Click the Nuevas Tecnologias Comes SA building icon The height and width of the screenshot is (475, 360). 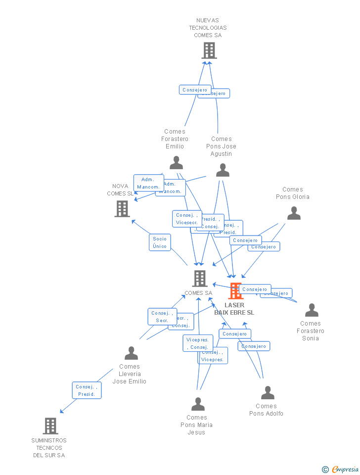coord(209,50)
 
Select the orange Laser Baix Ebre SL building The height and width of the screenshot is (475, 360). coord(235,291)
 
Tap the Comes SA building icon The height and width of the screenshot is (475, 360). coord(199,279)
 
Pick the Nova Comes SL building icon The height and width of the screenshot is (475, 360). coord(122,209)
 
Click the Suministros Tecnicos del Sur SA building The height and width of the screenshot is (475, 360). coord(50,426)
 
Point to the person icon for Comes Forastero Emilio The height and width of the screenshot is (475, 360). coord(176,163)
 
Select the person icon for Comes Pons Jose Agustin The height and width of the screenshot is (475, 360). coord(223,170)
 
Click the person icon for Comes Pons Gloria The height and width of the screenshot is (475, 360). coord(294,213)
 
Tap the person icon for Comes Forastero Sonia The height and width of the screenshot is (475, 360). coord(312,310)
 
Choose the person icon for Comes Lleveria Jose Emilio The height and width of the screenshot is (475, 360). coord(131,353)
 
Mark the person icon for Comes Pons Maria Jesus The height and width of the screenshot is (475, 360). coord(198,404)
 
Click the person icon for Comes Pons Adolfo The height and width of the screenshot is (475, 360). coord(268,393)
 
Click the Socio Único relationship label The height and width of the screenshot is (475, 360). coord(160,242)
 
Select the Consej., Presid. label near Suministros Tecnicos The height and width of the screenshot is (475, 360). coord(87,390)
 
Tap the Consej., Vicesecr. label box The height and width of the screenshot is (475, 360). coord(187,219)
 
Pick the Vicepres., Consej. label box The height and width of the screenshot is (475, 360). coord(198,343)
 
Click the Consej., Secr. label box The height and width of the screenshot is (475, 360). coord(162,317)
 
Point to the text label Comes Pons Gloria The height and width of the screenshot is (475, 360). coord(293,193)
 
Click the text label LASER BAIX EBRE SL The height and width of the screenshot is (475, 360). coord(234,309)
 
